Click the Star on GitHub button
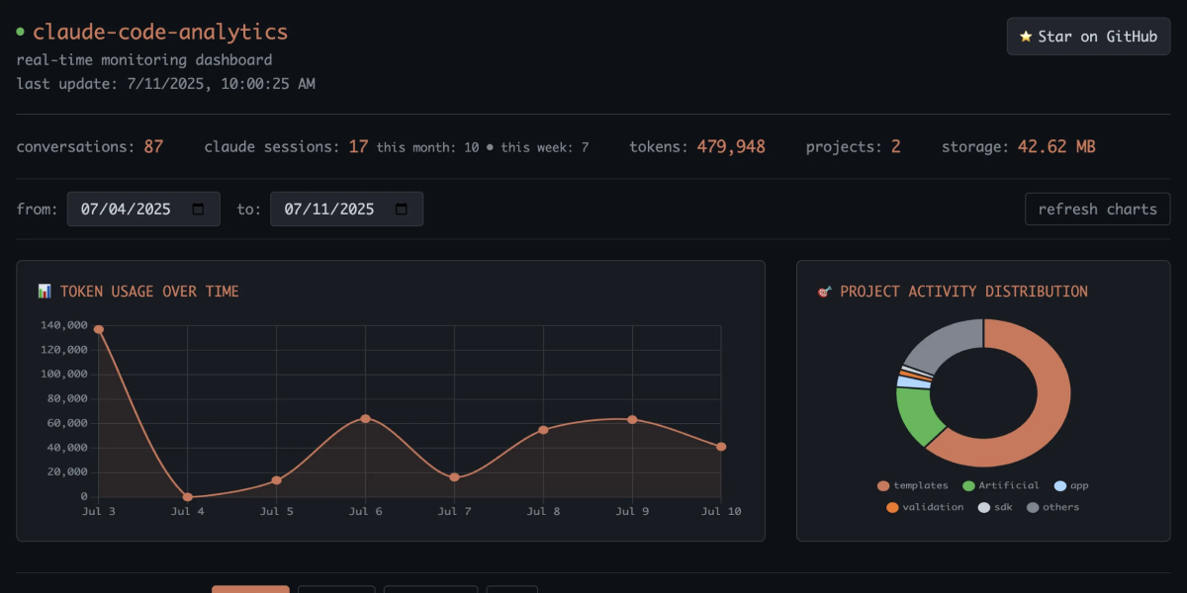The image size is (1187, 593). coord(1088,37)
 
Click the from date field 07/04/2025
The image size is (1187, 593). coord(142,210)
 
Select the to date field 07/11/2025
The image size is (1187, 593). coord(346,210)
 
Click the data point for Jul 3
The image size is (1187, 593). coord(98,329)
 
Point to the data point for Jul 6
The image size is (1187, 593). coord(365,419)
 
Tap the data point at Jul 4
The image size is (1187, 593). coord(187,496)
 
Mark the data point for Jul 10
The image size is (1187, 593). coord(721,447)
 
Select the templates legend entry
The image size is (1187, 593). coord(912,485)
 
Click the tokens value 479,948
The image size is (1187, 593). coord(730,146)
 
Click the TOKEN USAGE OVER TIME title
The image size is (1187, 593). coord(148,292)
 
